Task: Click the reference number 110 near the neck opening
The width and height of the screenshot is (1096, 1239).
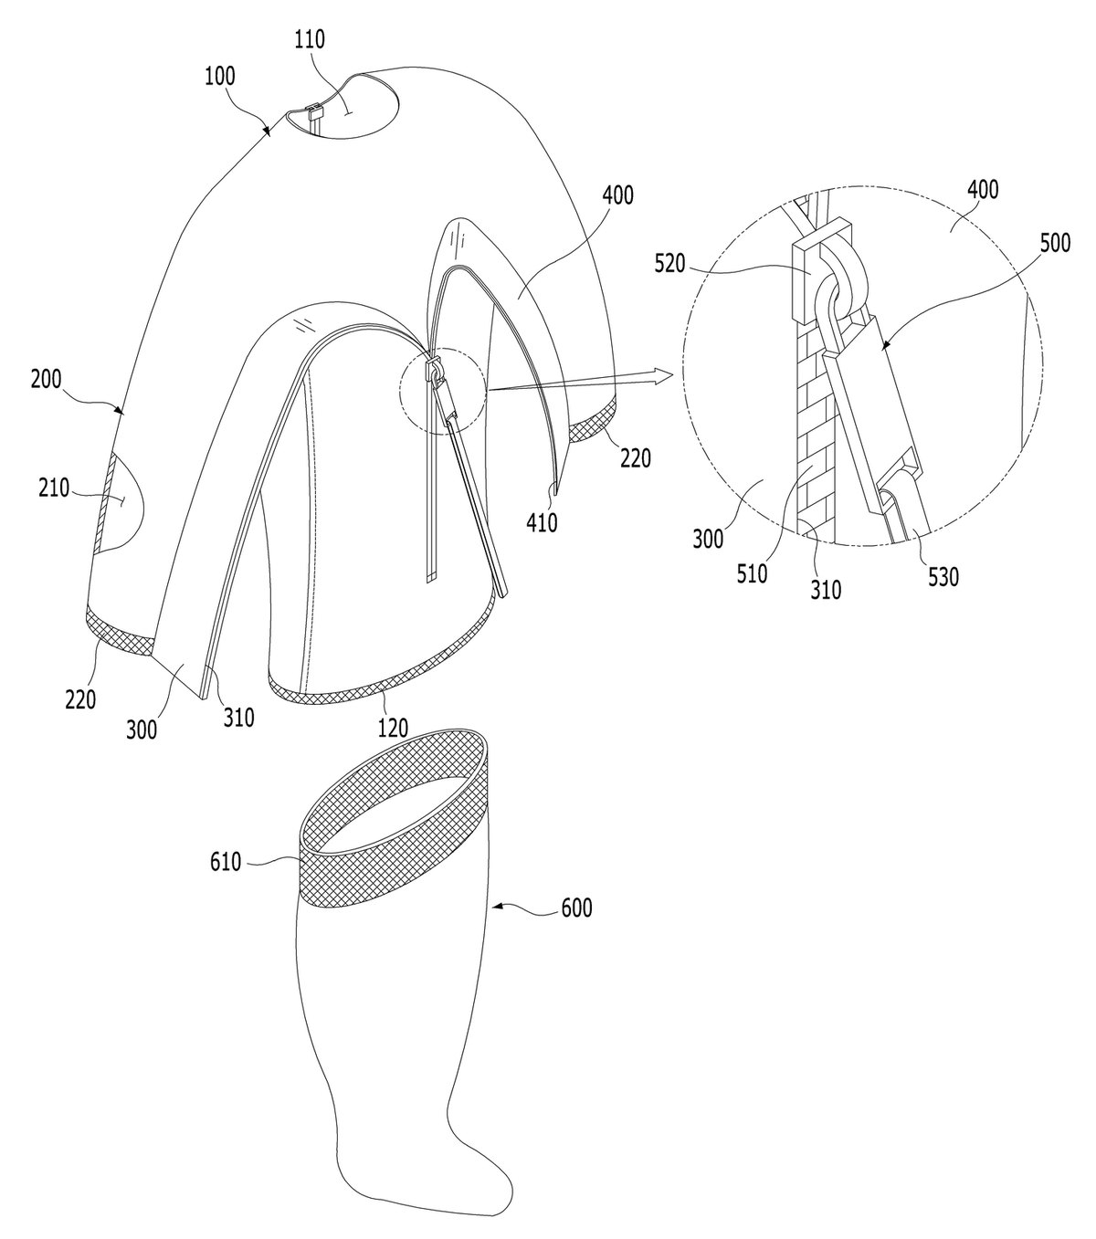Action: (x=310, y=39)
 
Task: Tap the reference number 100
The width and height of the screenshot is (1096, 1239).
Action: (x=219, y=77)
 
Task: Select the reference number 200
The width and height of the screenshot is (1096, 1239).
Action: (x=46, y=379)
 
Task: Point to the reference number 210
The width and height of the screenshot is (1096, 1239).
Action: (x=54, y=488)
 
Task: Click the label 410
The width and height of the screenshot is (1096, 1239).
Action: (x=543, y=522)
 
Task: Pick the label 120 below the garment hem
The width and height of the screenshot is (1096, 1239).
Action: (x=392, y=728)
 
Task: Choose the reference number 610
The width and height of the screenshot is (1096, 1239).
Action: (x=226, y=862)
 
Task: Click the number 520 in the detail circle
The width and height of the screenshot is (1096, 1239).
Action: (x=670, y=264)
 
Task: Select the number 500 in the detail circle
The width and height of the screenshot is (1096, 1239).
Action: (x=1055, y=243)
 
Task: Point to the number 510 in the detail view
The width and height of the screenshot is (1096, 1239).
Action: (x=752, y=573)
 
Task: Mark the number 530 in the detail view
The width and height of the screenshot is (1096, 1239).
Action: (x=943, y=577)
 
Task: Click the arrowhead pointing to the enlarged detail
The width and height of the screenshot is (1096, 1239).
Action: (x=663, y=375)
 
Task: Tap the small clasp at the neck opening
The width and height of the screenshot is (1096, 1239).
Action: (x=314, y=112)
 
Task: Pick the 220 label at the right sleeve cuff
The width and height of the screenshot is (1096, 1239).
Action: (x=635, y=457)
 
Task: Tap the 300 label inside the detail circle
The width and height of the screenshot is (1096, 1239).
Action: (x=708, y=539)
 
